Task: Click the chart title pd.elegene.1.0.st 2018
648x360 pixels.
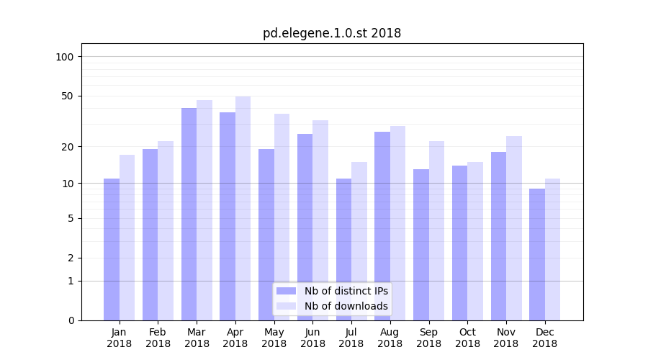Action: point(332,33)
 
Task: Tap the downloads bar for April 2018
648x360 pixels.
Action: point(243,208)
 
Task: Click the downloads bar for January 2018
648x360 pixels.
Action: point(127,238)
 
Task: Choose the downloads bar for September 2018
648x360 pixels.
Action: point(436,230)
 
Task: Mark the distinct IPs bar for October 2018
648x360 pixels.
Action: point(459,243)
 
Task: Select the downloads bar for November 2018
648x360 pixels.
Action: point(514,228)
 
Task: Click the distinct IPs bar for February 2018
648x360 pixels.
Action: point(150,235)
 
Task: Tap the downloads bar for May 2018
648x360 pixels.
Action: point(282,217)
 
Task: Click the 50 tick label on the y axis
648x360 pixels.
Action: point(68,96)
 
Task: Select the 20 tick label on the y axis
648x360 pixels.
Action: point(68,147)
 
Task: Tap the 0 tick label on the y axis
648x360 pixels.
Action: point(71,320)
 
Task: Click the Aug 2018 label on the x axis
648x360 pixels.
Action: point(390,338)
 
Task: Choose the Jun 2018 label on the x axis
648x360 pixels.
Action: point(312,338)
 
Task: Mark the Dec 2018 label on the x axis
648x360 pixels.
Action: point(544,338)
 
